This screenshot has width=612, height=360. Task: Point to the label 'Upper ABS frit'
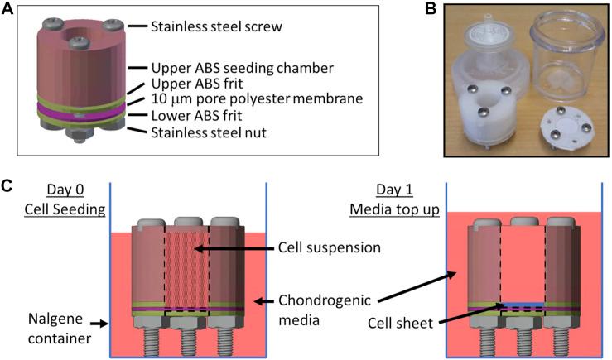[196, 84]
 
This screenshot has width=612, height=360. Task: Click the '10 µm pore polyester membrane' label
[245, 100]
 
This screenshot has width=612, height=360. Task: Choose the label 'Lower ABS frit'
[196, 116]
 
